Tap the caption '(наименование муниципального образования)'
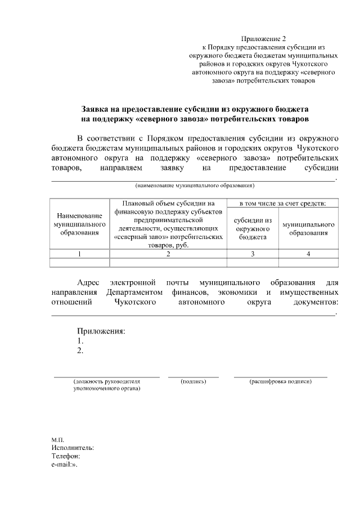click(194, 185)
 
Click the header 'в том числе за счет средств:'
click(282, 203)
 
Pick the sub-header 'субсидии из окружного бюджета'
click(253, 228)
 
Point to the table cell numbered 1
click(80, 254)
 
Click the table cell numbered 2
click(168, 254)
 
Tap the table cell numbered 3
click(253, 254)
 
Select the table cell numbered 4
click(308, 254)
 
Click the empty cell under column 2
click(168, 262)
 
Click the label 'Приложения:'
click(101, 331)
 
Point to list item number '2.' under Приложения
click(80, 351)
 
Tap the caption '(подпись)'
click(193, 382)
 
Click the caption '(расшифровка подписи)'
click(281, 382)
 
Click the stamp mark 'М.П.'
click(57, 439)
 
